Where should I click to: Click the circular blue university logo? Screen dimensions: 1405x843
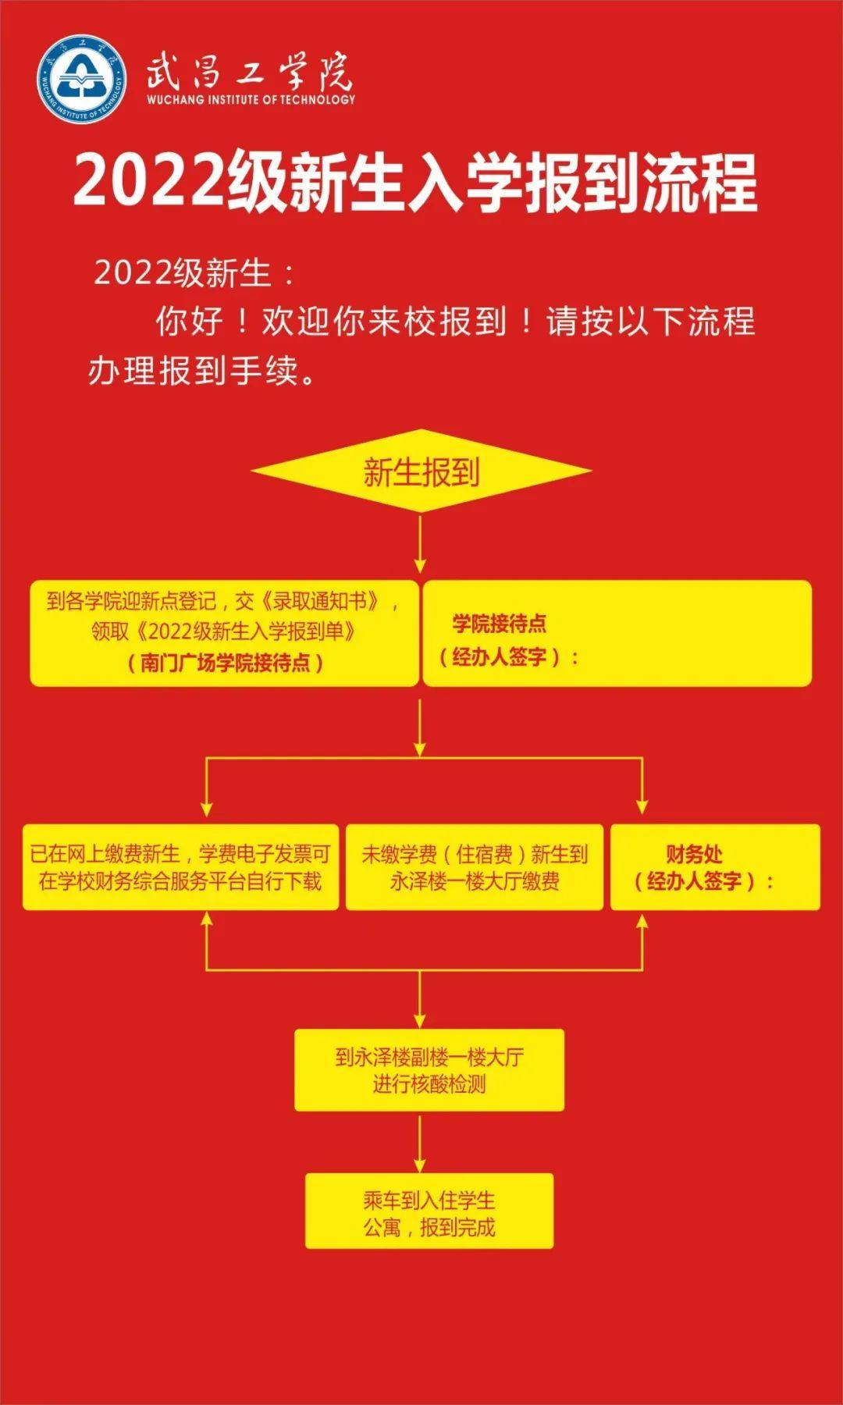point(82,79)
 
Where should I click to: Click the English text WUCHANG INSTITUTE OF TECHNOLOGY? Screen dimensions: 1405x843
point(251,100)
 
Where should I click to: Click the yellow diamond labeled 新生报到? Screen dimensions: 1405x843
point(421,471)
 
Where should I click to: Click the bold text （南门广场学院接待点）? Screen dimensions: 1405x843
point(225,663)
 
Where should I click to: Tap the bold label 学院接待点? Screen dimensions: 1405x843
point(500,624)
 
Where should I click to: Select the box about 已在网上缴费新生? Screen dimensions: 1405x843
point(180,867)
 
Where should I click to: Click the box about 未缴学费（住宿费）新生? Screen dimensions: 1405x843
point(475,867)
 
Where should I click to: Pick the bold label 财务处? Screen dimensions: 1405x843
point(694,853)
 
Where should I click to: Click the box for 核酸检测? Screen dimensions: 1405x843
point(429,1070)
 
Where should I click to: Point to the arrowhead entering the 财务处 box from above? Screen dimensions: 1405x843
point(642,807)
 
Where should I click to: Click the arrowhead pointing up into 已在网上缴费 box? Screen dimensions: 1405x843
point(207,921)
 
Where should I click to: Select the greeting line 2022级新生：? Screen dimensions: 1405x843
point(194,273)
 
